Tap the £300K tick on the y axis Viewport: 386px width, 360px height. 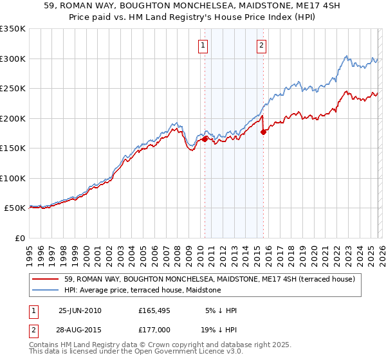tap(13, 59)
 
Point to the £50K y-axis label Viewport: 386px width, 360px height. tap(15, 208)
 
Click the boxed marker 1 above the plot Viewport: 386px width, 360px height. tap(203, 45)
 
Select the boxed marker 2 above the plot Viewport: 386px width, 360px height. tap(262, 45)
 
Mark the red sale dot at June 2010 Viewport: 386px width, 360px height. tap(205, 138)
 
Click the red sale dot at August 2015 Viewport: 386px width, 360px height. tap(263, 132)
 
